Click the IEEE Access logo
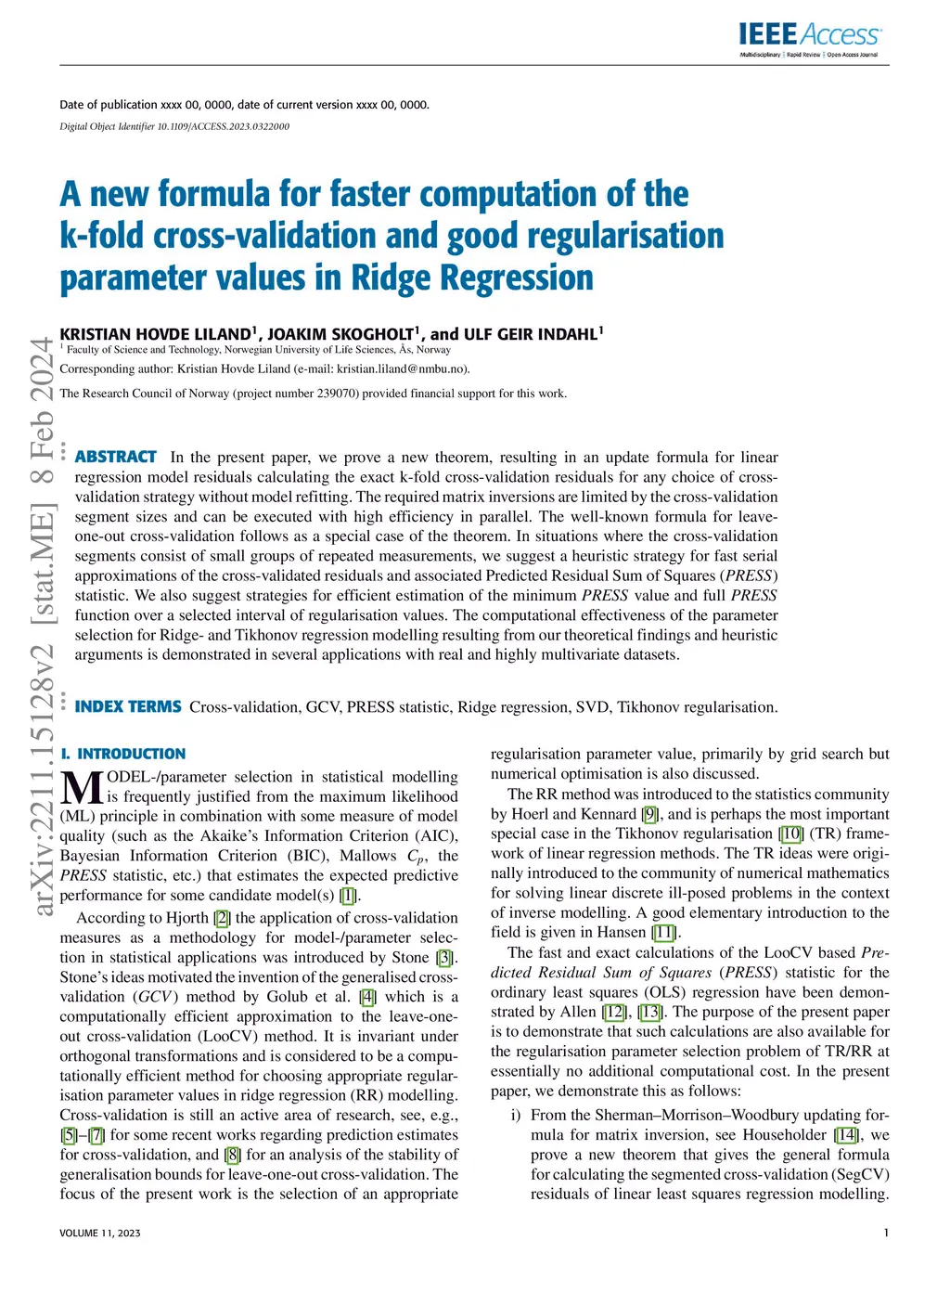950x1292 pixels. pyautogui.click(x=809, y=38)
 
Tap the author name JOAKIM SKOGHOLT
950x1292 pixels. pyautogui.click(x=340, y=334)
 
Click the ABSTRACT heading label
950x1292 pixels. pyautogui.click(x=116, y=457)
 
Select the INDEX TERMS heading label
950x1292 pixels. pyautogui.click(x=128, y=706)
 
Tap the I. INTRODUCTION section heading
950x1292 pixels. pyautogui.click(x=122, y=754)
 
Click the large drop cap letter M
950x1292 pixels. pyautogui.click(x=82, y=788)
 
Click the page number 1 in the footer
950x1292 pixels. pyautogui.click(x=886, y=1233)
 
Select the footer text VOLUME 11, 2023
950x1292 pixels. pyautogui.click(x=100, y=1233)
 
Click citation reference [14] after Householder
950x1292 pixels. pyautogui.click(x=845, y=1134)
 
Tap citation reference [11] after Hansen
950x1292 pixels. pyautogui.click(x=663, y=932)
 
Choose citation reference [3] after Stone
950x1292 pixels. pyautogui.click(x=445, y=957)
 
